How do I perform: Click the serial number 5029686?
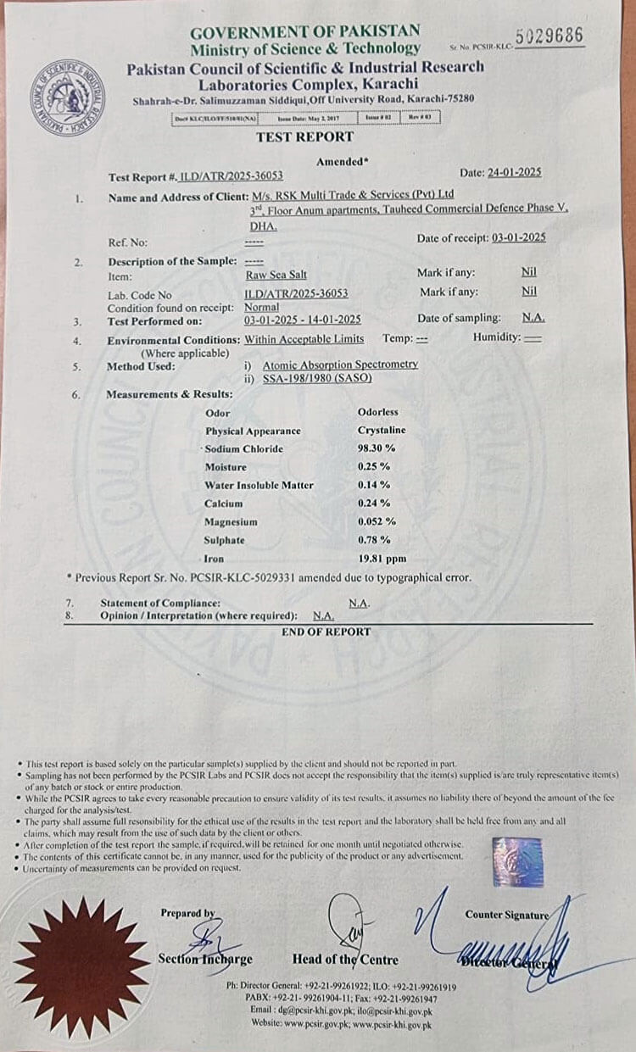coord(550,36)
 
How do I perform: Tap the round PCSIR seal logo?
coord(67,96)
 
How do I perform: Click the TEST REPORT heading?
coord(304,137)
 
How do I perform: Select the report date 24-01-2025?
coord(514,172)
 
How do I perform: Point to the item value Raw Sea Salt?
coord(276,274)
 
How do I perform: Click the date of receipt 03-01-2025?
coord(518,238)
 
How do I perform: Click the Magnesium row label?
coord(231,522)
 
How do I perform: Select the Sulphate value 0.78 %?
coord(374,540)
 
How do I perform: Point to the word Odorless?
coord(377,412)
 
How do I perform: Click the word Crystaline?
coord(382,430)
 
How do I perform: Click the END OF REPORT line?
coord(326,632)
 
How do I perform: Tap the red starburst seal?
coord(82,967)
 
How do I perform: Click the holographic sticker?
coord(517,861)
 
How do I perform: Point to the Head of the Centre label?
coord(345,960)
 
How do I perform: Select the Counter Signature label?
coord(506,915)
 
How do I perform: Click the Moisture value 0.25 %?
coord(373,467)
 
